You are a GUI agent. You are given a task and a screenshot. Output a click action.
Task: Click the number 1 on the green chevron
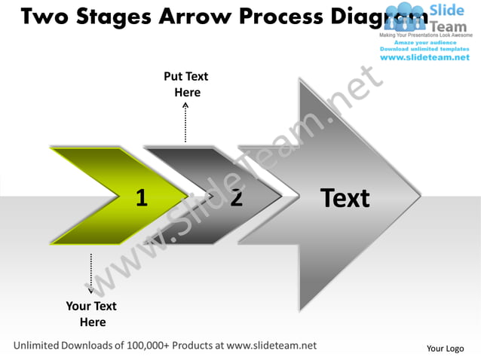141,198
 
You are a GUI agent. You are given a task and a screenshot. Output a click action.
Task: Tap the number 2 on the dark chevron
237,198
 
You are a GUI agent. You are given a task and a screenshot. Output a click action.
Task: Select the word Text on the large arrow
345,198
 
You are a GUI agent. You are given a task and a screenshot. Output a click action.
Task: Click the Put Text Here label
186,84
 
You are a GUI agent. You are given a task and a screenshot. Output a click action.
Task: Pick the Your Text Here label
91,314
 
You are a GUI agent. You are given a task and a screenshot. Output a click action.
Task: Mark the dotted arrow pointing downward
91,273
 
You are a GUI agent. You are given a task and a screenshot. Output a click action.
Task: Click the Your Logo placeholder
445,348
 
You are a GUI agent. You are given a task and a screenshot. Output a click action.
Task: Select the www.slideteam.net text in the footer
271,346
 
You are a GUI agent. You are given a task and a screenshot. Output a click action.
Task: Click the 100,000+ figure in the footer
147,346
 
